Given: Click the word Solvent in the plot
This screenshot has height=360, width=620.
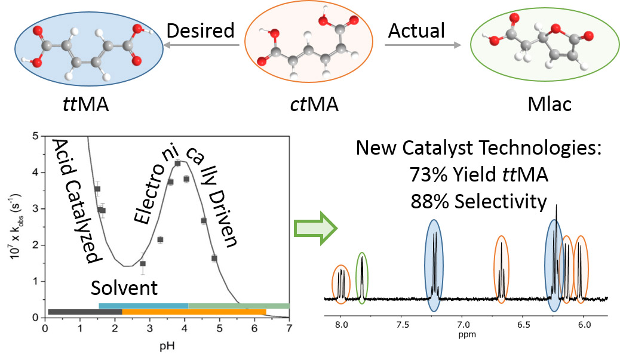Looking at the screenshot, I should (x=124, y=288).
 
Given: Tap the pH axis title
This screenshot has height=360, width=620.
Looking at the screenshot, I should (x=167, y=345).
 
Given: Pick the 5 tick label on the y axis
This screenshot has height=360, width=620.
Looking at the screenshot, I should (x=36, y=136).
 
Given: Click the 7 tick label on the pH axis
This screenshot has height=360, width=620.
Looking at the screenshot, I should (x=289, y=328).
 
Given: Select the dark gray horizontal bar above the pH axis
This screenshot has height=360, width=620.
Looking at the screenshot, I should (x=85, y=312).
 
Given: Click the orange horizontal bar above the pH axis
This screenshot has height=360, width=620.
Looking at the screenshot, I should (x=194, y=312).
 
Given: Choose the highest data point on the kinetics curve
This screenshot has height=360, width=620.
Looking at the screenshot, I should (x=177, y=163).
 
